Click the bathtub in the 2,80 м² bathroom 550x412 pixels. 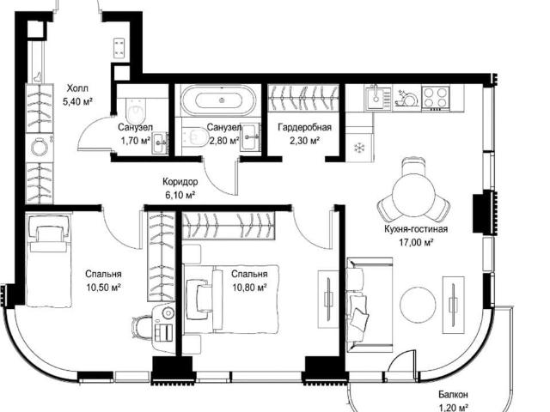(218, 100)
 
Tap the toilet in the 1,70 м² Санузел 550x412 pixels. (136, 110)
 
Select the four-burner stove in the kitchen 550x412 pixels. (436, 97)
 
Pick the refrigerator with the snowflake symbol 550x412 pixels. (359, 148)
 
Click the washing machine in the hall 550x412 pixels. (40, 147)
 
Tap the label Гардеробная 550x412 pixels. (304, 127)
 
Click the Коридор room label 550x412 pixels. (180, 182)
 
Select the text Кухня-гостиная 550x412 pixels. (416, 229)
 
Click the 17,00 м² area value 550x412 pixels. (416, 242)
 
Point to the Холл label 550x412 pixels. (77, 88)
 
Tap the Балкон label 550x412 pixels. (453, 395)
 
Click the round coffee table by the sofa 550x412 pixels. (419, 304)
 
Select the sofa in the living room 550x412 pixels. (369, 305)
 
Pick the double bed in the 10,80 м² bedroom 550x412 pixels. (231, 299)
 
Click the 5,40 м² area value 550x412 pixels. (77, 101)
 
